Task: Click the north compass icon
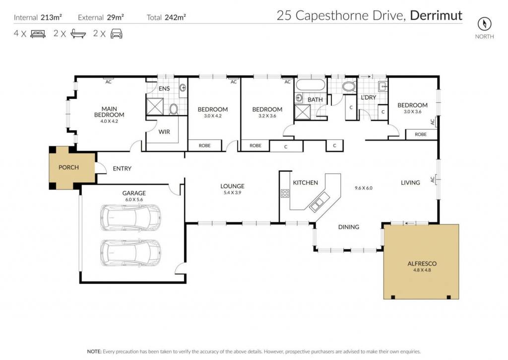click(484, 24)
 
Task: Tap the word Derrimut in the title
click(436, 15)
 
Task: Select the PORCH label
click(68, 167)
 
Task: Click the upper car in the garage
click(130, 217)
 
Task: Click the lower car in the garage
click(130, 253)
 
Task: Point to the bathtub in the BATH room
click(311, 85)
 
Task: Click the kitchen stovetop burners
click(285, 194)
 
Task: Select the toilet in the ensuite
click(173, 109)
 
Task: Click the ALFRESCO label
click(422, 264)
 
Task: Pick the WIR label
click(164, 132)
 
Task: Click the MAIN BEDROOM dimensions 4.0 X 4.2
click(109, 121)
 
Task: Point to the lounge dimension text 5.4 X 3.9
click(232, 192)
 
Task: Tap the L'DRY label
click(369, 97)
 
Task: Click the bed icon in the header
click(38, 34)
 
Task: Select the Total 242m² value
click(175, 17)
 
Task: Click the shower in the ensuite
click(155, 106)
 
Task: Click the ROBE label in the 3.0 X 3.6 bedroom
click(421, 134)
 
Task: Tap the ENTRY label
click(122, 169)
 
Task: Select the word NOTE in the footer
click(94, 352)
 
